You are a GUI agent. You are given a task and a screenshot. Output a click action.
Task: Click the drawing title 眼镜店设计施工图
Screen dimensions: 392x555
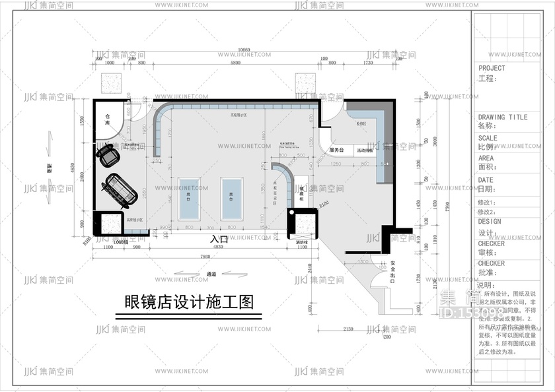[189, 302]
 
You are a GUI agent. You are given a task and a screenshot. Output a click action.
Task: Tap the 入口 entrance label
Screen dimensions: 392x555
[219, 240]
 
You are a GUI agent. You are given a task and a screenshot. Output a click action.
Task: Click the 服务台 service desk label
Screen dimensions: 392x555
[337, 150]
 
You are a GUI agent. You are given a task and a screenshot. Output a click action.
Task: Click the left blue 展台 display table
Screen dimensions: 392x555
[189, 198]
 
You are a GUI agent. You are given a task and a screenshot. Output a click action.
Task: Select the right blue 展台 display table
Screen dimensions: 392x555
[232, 198]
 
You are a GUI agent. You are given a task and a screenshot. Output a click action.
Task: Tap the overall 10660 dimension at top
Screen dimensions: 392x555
[244, 50]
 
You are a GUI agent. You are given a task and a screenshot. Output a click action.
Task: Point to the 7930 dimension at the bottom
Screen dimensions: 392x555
[204, 256]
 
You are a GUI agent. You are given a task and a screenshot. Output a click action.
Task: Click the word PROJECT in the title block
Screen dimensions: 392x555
[492, 68]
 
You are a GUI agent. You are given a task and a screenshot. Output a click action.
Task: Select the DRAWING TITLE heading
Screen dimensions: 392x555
[503, 117]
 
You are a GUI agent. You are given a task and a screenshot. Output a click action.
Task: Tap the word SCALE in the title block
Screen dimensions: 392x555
[488, 139]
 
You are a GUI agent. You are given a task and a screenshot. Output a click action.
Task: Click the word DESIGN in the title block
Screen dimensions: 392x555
[490, 222]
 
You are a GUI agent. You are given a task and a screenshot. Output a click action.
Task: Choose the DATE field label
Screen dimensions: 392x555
[486, 180]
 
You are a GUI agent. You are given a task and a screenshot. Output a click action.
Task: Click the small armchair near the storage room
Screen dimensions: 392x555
[108, 155]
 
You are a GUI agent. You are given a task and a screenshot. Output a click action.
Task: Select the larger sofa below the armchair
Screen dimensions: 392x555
[116, 189]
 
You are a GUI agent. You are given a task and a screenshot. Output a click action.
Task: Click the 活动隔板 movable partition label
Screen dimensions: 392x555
[365, 150]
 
